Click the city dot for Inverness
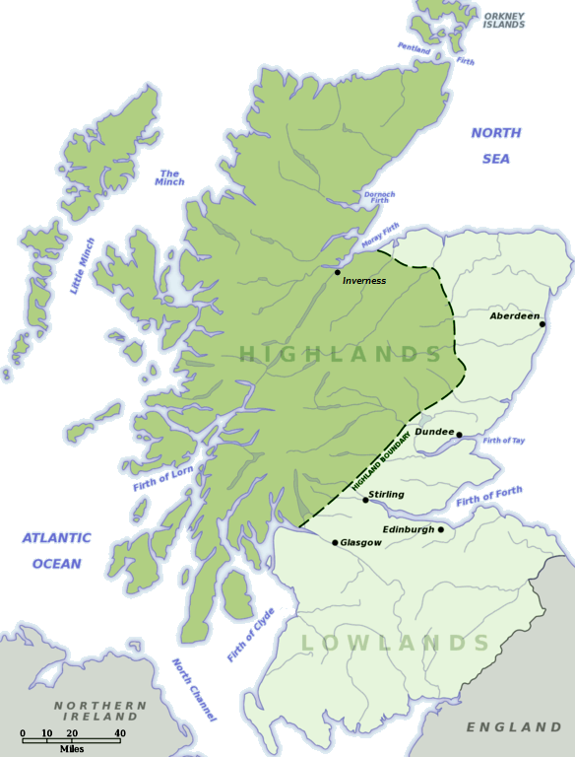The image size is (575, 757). pos(338,272)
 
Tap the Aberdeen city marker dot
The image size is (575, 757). pos(543,323)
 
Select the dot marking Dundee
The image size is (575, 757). pos(459,435)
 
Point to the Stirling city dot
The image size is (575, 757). pos(365,500)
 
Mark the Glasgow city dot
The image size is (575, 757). pos(335,543)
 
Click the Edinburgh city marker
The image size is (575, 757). pos(441,529)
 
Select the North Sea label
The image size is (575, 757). pos(495,146)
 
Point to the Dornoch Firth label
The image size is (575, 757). pos(379,198)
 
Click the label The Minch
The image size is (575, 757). pos(169,176)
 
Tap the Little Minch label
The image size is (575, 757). pos(84,266)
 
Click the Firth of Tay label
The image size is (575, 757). pos(504,440)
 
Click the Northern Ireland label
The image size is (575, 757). pos(99,712)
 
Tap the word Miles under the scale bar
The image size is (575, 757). pos(71,749)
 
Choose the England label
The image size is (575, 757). pos(513,727)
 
